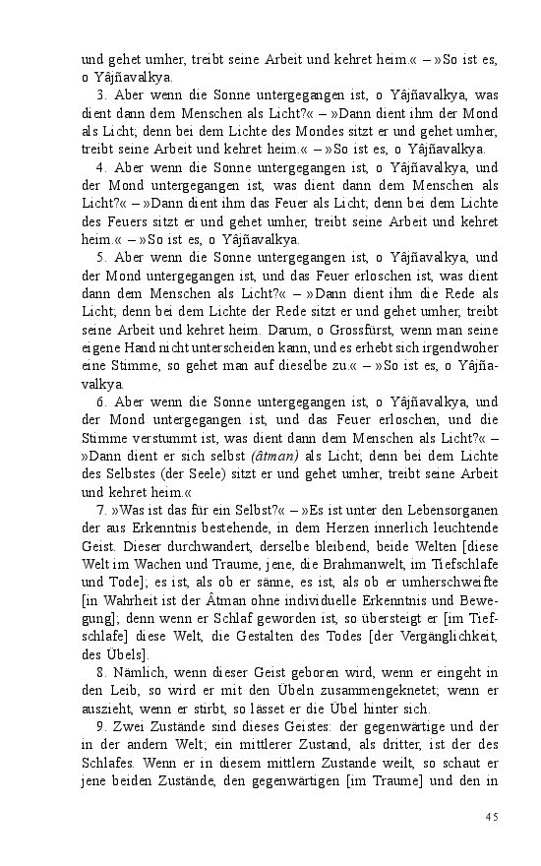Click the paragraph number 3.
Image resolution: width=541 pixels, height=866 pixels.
point(100,96)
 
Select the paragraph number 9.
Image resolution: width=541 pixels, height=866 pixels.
point(100,729)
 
